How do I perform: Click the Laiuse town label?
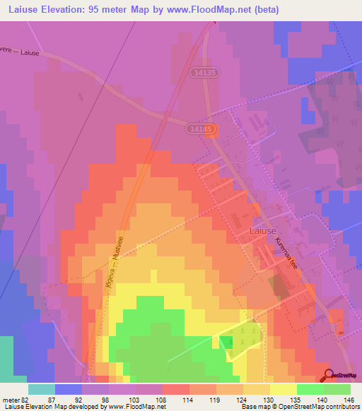click(x=263, y=230)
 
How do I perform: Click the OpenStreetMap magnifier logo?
click(x=329, y=375)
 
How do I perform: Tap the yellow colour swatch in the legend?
click(x=283, y=389)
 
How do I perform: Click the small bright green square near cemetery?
click(x=226, y=342)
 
